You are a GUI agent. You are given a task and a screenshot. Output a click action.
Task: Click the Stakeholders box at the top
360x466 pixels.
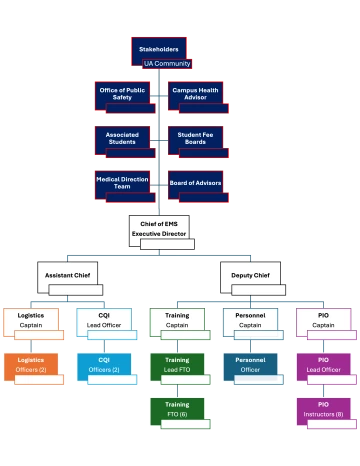[159, 52]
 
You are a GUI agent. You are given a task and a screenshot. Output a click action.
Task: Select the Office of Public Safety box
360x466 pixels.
[123, 95]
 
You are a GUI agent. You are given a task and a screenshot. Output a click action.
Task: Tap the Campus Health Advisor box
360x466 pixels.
[195, 95]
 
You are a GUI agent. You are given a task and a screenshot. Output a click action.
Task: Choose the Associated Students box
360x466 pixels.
[123, 139]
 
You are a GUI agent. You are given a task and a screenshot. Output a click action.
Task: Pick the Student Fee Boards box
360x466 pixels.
[195, 139]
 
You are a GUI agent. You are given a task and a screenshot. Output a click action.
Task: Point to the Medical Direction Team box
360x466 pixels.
[123, 182]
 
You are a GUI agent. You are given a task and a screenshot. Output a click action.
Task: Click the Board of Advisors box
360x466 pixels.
[195, 183]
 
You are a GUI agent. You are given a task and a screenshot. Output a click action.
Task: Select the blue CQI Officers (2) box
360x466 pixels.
[104, 366]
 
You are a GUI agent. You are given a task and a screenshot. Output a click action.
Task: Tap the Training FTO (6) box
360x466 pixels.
[177, 411]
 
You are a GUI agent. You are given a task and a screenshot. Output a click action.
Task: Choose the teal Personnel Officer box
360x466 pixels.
[250, 366]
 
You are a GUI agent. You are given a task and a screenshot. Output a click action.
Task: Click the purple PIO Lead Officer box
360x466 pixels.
[324, 366]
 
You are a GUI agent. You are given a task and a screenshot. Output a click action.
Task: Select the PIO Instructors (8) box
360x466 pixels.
[324, 411]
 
